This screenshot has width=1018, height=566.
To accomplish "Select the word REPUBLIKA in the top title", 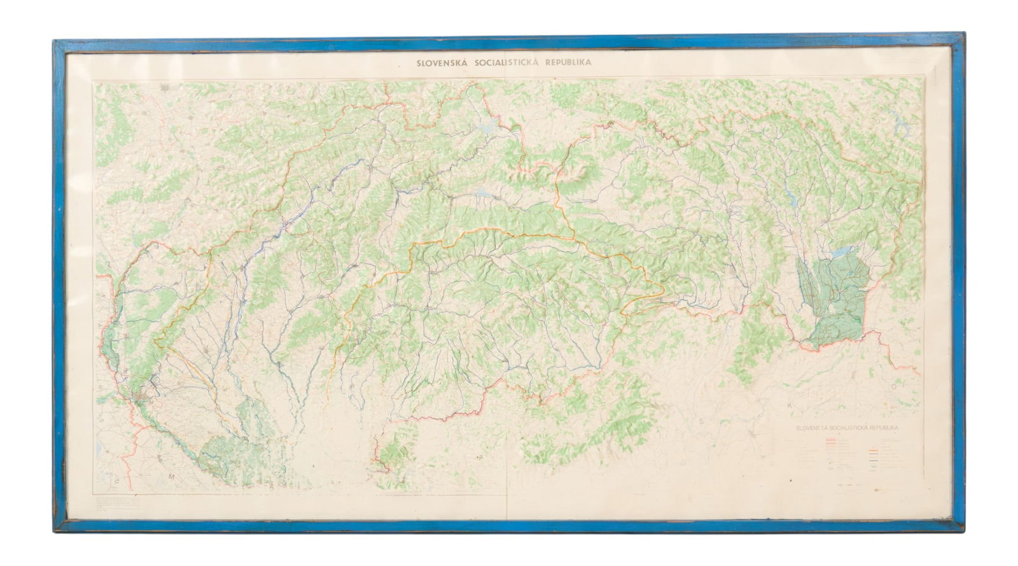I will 569,63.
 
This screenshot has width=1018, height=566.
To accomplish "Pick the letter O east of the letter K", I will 893,386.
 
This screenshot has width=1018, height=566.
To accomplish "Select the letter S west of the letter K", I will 702,421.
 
